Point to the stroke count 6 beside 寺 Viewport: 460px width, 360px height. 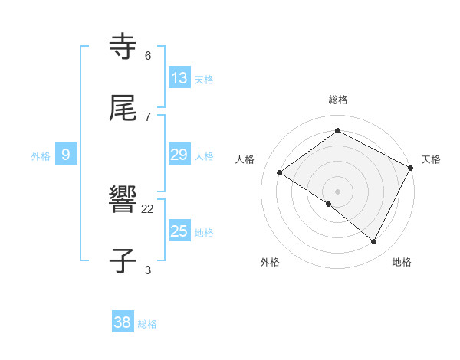pos(148,55)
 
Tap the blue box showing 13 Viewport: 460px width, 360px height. pos(179,78)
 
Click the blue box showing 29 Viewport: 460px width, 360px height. pos(179,155)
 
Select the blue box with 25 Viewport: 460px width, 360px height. pos(179,231)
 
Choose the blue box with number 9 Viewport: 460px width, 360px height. pos(66,155)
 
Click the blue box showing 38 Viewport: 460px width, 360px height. pos(123,322)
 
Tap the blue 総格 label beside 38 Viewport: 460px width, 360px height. pos(147,324)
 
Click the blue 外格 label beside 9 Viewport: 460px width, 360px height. pos(41,156)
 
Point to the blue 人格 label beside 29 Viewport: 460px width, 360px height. pos(204,156)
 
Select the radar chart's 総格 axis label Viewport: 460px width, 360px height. pos(337,100)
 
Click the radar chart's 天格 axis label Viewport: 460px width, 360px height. pos(431,159)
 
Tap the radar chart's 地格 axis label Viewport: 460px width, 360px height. pos(402,262)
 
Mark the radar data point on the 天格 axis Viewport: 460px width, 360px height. pos(410,168)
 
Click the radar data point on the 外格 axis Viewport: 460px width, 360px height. pos(329,204)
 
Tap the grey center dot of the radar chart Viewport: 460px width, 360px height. pos(337,191)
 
